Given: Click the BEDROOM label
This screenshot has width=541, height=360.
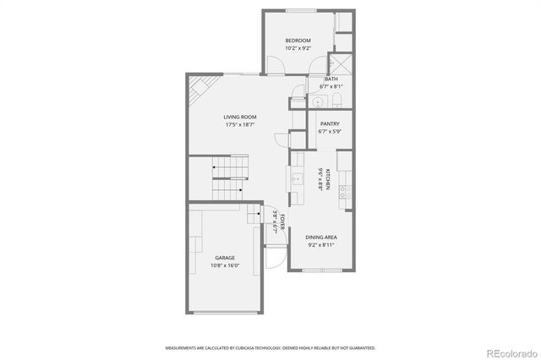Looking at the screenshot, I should click(298, 41).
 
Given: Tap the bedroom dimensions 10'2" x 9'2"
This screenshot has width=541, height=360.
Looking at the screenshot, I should click(298, 48).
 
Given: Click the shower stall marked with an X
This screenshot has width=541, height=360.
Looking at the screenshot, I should click(342, 64).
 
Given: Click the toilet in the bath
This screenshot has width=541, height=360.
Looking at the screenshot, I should click(336, 101).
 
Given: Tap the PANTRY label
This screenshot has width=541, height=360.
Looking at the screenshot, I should click(329, 123).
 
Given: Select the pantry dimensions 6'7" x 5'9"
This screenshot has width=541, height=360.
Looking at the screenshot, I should click(329, 131).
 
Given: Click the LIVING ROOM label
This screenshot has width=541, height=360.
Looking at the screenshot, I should click(240, 117).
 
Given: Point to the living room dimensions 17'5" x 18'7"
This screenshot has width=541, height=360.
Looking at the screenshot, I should click(240, 125).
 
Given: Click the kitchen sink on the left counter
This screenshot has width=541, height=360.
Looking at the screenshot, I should click(297, 178).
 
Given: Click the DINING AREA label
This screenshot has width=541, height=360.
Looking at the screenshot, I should click(321, 237).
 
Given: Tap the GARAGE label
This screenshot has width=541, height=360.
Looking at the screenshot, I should click(225, 258).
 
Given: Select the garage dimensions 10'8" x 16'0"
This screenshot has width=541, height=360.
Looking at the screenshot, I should click(225, 265).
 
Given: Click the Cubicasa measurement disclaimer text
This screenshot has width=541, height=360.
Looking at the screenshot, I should click(270, 347).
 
